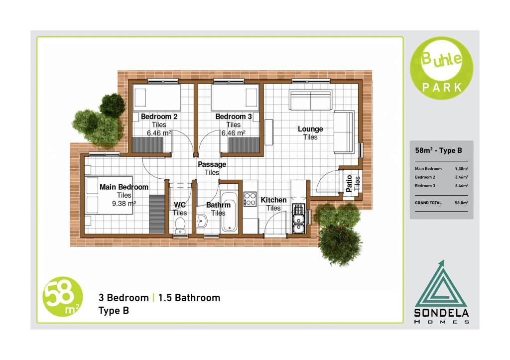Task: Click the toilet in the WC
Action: click(180, 226)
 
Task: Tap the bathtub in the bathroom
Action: click(229, 212)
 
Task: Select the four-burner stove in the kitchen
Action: click(250, 199)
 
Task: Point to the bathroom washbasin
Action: click(202, 221)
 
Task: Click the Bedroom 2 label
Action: click(159, 117)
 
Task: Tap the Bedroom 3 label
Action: click(234, 117)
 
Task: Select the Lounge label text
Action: click(310, 129)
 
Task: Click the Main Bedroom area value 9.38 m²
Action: click(124, 204)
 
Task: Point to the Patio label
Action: click(349, 183)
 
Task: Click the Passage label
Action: click(212, 164)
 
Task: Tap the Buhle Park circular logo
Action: click(442, 68)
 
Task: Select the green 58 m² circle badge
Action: click(63, 297)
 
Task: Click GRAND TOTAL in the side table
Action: click(428, 203)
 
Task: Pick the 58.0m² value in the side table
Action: click(461, 203)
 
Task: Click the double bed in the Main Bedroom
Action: click(109, 195)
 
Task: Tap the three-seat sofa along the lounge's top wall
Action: click(311, 100)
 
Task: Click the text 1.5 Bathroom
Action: click(189, 298)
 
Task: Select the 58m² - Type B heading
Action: click(438, 150)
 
